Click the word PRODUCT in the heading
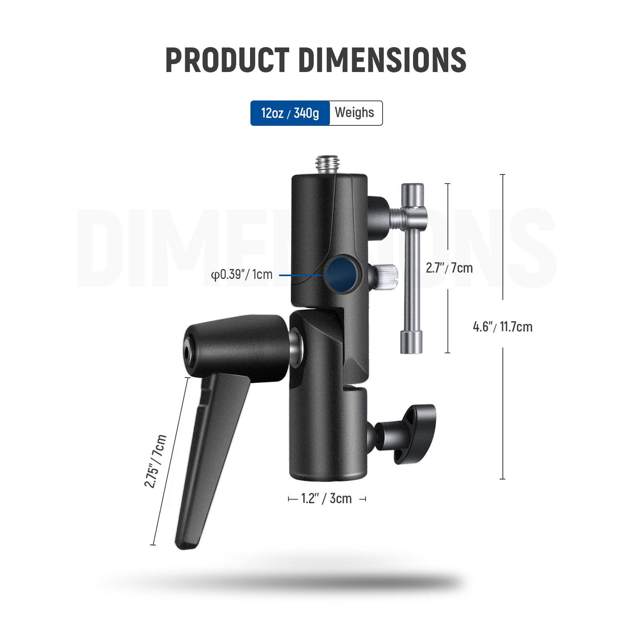click(x=227, y=60)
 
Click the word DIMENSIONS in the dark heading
click(x=382, y=60)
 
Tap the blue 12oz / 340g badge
click(x=290, y=113)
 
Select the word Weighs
click(x=354, y=113)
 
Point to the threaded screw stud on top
click(x=327, y=163)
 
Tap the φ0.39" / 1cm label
click(x=242, y=275)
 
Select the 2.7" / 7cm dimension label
click(x=449, y=268)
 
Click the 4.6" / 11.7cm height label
click(x=502, y=327)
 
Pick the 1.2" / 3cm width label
click(x=326, y=499)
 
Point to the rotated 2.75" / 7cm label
click(x=155, y=461)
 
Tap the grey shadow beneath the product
click(x=277, y=582)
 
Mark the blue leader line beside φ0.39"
click(x=301, y=275)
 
